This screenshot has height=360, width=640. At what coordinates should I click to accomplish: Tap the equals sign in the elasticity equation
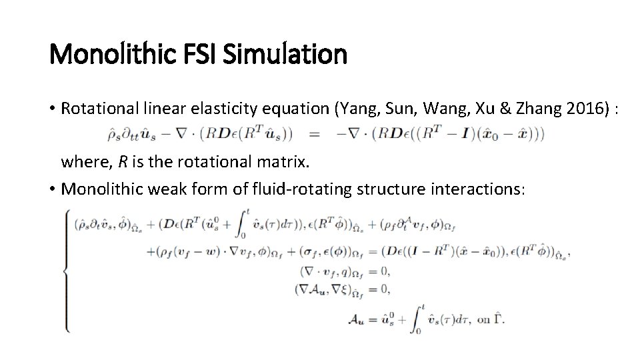coord(314,135)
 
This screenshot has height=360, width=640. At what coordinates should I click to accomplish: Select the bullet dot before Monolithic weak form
coord(53,189)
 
